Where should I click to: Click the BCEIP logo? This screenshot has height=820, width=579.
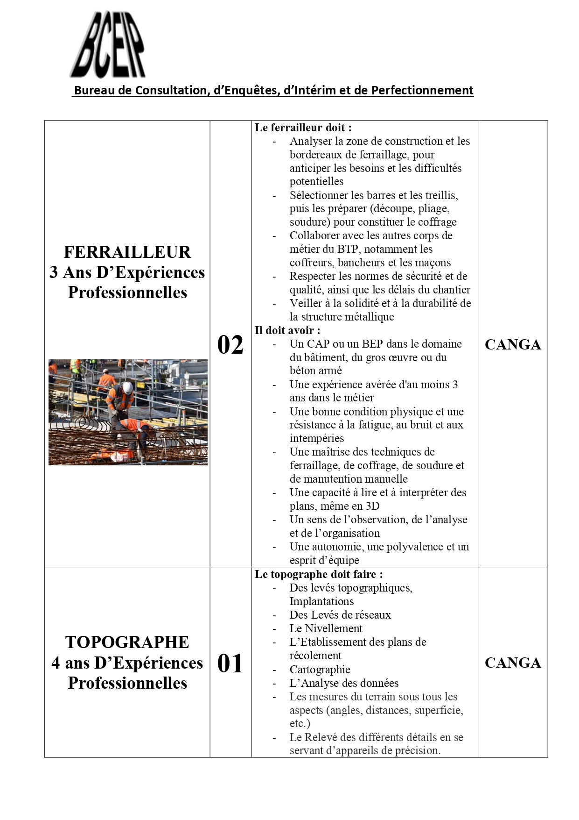108,45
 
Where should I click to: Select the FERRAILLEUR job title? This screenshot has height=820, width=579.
127,252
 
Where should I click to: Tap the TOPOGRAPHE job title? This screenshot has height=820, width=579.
127,642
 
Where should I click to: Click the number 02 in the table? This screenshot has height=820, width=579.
230,345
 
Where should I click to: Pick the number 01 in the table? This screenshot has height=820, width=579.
230,663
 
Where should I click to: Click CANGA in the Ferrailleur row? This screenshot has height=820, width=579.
513,345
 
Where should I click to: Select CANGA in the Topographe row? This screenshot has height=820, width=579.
513,663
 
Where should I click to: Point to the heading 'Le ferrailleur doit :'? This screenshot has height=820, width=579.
303,128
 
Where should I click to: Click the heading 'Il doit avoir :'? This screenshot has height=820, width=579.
287,330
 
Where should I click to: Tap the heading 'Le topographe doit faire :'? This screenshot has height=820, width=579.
319,574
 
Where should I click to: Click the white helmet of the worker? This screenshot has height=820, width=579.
126,387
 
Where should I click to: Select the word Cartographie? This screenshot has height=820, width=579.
320,670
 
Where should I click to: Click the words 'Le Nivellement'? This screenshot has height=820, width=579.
326,628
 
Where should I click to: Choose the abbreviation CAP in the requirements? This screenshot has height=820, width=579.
318,344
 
